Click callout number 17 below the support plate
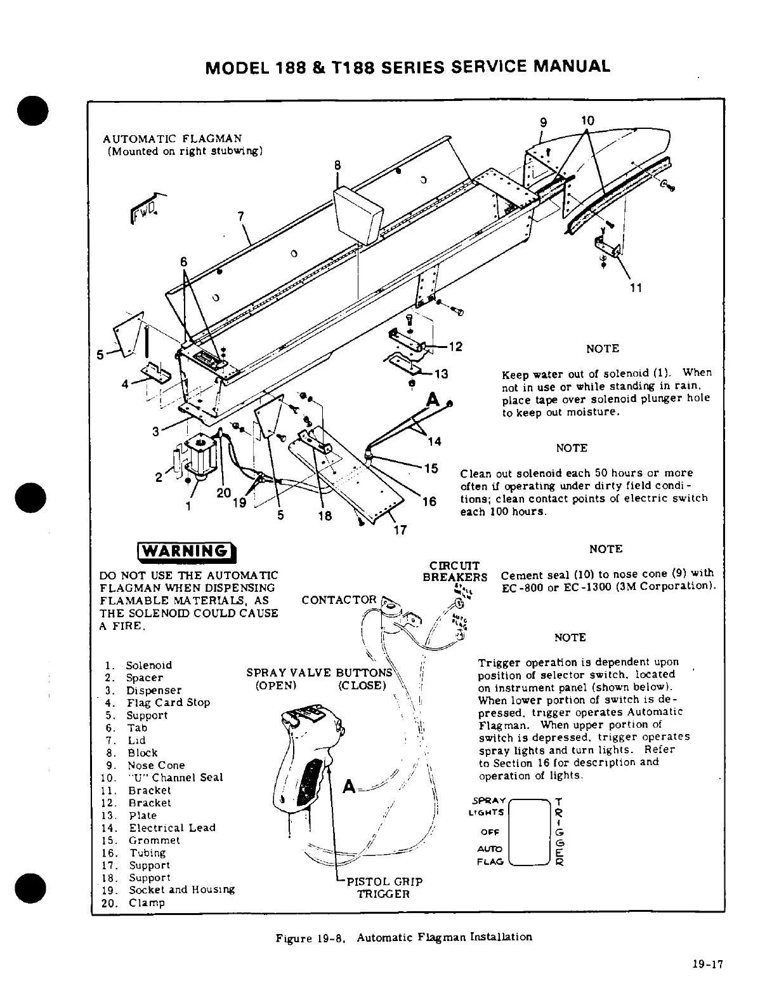[400, 530]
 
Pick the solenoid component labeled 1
[200, 455]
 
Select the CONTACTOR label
[339, 600]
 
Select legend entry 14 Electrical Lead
[161, 828]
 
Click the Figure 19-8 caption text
[403, 937]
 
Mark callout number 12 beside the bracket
[455, 347]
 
